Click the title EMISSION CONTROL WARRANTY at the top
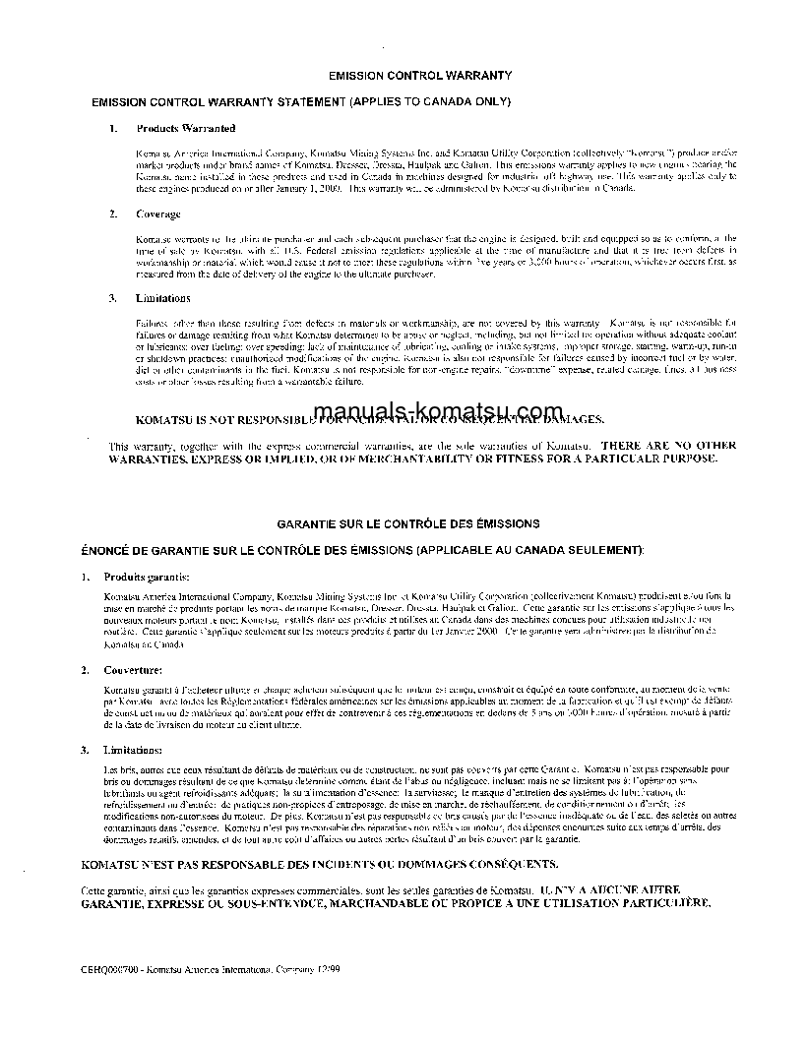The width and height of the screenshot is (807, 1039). pos(419,74)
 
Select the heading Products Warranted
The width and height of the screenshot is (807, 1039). pos(185,128)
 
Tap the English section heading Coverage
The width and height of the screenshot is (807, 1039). pos(157,214)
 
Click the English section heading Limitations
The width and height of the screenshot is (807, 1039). pos(163,298)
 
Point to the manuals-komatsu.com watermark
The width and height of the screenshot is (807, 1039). pos(439,412)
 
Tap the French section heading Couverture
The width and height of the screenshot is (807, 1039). pos(134,669)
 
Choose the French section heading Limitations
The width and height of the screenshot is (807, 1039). pos(135,751)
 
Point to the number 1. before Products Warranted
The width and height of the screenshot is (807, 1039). pos(113,128)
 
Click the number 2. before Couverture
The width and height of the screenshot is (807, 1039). pos(86,669)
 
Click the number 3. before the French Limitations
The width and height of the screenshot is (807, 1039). pos(86,751)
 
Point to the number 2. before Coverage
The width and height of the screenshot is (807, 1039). pos(113,214)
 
